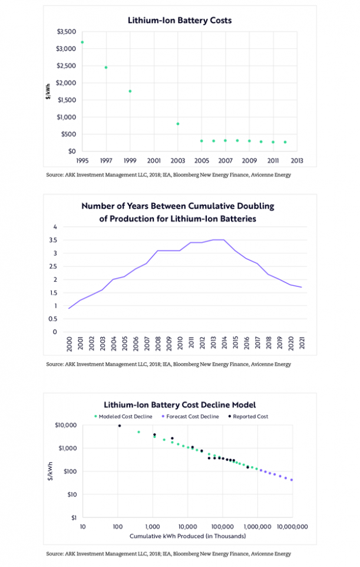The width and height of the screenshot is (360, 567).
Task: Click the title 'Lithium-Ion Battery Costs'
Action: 180,20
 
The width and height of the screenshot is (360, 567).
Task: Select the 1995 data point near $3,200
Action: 82,42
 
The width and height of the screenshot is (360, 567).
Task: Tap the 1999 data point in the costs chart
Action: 130,91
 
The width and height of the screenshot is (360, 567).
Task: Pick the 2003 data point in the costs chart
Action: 177,124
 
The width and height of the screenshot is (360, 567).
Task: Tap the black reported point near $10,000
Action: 120,426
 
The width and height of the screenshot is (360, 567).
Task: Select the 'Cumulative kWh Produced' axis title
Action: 187,536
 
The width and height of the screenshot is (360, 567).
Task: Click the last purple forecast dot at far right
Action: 292,480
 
